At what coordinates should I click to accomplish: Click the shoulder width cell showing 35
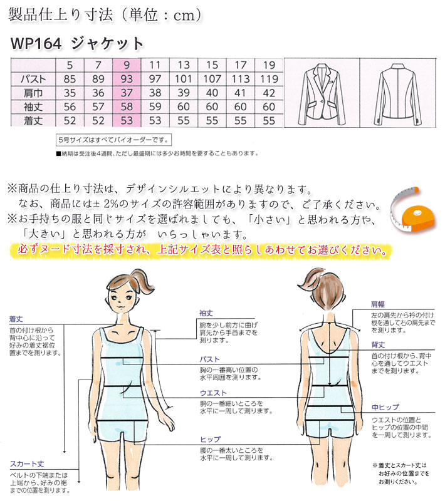(x=70, y=93)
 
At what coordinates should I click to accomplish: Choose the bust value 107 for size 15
(x=212, y=79)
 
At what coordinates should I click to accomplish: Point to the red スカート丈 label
(x=26, y=464)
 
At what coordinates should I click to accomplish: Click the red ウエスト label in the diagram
(x=209, y=393)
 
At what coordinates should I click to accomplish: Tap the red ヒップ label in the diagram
(x=209, y=440)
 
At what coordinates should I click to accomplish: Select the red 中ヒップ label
(x=385, y=407)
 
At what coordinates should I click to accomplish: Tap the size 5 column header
(x=70, y=65)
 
